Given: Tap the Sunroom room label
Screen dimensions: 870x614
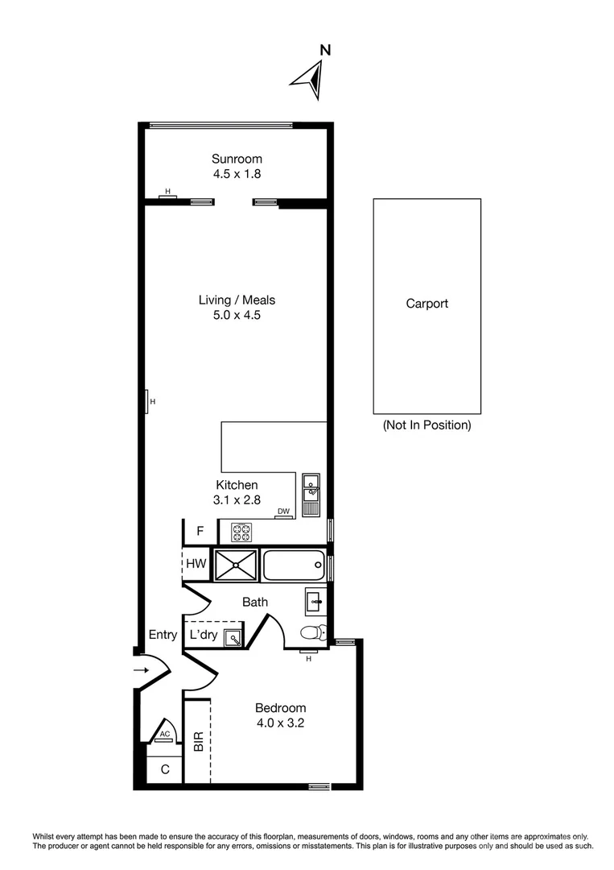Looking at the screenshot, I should click(x=237, y=159).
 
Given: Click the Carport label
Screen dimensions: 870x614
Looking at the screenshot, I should click(x=427, y=304).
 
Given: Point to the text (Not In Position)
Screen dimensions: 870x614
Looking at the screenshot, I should click(x=427, y=425).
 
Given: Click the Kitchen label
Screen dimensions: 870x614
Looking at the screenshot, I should click(x=237, y=485).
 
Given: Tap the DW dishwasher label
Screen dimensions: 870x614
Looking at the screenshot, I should click(x=282, y=512).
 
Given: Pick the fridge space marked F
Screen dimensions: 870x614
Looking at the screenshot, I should click(x=200, y=532).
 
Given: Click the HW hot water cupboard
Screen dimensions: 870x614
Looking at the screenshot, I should click(x=196, y=565).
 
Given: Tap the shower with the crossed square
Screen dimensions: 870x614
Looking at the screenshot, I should click(x=235, y=565).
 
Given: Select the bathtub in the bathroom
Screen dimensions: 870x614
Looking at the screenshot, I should click(x=294, y=565).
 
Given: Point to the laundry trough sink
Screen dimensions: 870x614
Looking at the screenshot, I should click(x=233, y=638).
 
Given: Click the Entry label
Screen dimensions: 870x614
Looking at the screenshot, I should click(x=163, y=635).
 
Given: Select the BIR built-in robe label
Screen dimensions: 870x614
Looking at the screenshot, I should click(x=198, y=741).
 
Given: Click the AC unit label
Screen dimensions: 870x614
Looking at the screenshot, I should click(x=164, y=734).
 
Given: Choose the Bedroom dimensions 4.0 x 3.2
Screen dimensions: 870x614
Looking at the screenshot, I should click(x=279, y=723).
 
